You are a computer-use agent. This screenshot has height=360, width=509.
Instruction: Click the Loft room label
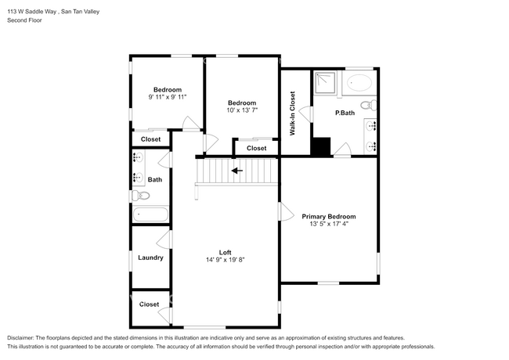point(225,251)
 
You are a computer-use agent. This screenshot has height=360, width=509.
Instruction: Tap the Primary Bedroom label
point(329,217)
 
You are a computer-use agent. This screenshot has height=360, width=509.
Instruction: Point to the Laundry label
point(150,257)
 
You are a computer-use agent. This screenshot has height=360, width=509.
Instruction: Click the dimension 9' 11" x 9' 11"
point(167,97)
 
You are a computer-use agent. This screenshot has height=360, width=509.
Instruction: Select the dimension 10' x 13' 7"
point(242,111)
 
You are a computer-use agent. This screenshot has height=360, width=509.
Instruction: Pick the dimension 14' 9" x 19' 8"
point(225,260)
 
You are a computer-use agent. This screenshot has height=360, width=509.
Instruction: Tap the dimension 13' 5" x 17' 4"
point(329,225)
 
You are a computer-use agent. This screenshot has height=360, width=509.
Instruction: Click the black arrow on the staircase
point(236,170)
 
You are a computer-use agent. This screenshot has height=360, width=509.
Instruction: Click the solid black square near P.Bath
point(321,147)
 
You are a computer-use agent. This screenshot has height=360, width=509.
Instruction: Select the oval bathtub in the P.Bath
point(361,81)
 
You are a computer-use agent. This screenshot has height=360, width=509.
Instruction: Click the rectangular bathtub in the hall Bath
point(150,214)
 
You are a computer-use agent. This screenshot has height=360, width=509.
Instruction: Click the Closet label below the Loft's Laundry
point(149,304)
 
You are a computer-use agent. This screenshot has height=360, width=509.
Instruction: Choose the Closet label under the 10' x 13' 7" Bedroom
point(256,148)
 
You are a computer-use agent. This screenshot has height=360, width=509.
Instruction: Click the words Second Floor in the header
point(25,20)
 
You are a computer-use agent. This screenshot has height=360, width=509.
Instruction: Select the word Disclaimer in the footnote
point(24,337)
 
